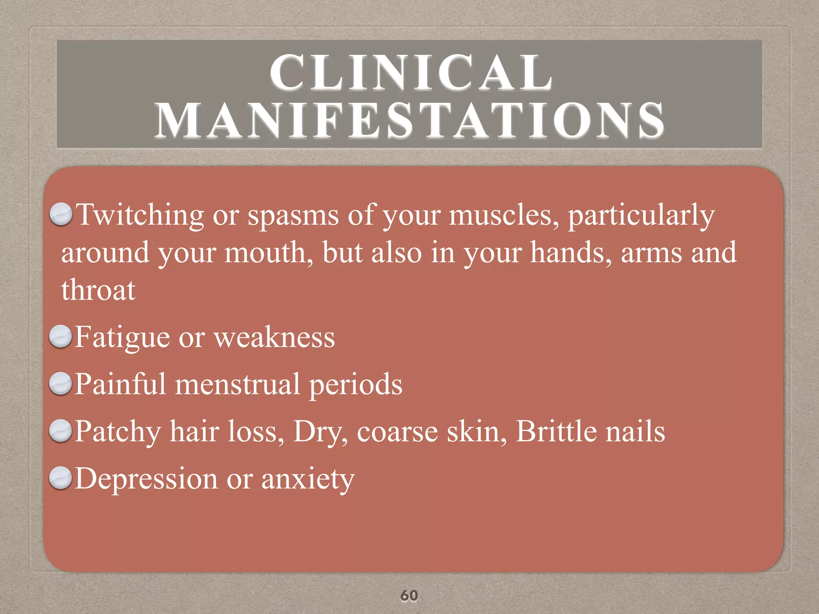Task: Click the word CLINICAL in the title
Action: point(411,73)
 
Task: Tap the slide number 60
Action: point(409,595)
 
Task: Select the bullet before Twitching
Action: point(61,214)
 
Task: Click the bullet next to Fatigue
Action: point(60,337)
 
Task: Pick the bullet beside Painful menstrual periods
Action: point(60,384)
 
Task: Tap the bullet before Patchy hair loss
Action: point(60,431)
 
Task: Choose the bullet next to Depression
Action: point(60,478)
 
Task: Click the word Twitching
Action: point(140,215)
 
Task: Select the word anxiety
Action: point(308,479)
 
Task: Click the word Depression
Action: point(146,479)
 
